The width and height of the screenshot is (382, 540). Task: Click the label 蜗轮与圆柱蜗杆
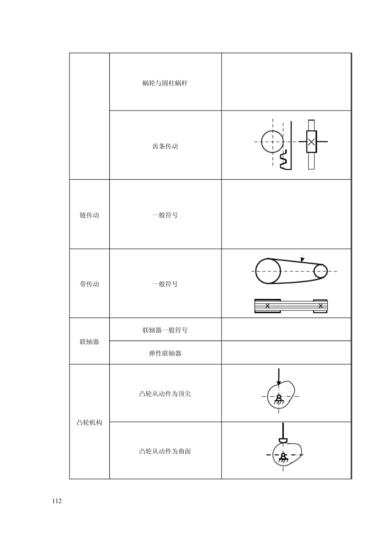(x=165, y=84)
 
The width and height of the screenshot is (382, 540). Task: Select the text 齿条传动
(x=165, y=146)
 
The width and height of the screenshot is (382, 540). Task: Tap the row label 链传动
(x=89, y=215)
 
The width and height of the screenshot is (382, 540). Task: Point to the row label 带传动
(x=89, y=284)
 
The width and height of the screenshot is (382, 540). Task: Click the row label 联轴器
(x=89, y=342)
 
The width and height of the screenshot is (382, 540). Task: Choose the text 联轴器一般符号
(x=165, y=331)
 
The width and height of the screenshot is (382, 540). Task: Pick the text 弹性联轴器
(x=165, y=353)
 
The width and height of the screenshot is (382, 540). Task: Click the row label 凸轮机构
(x=89, y=423)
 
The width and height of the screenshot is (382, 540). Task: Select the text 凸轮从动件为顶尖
(x=165, y=394)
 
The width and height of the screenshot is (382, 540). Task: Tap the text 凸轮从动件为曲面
(x=165, y=452)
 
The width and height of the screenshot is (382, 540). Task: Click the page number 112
(x=57, y=501)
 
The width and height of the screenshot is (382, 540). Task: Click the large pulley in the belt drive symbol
(x=268, y=271)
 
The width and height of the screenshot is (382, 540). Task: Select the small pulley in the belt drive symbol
(x=320, y=271)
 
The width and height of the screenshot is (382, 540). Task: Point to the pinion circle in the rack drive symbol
(x=272, y=142)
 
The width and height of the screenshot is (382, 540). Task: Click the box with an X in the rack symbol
(x=311, y=142)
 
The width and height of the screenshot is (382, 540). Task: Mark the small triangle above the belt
(x=302, y=259)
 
